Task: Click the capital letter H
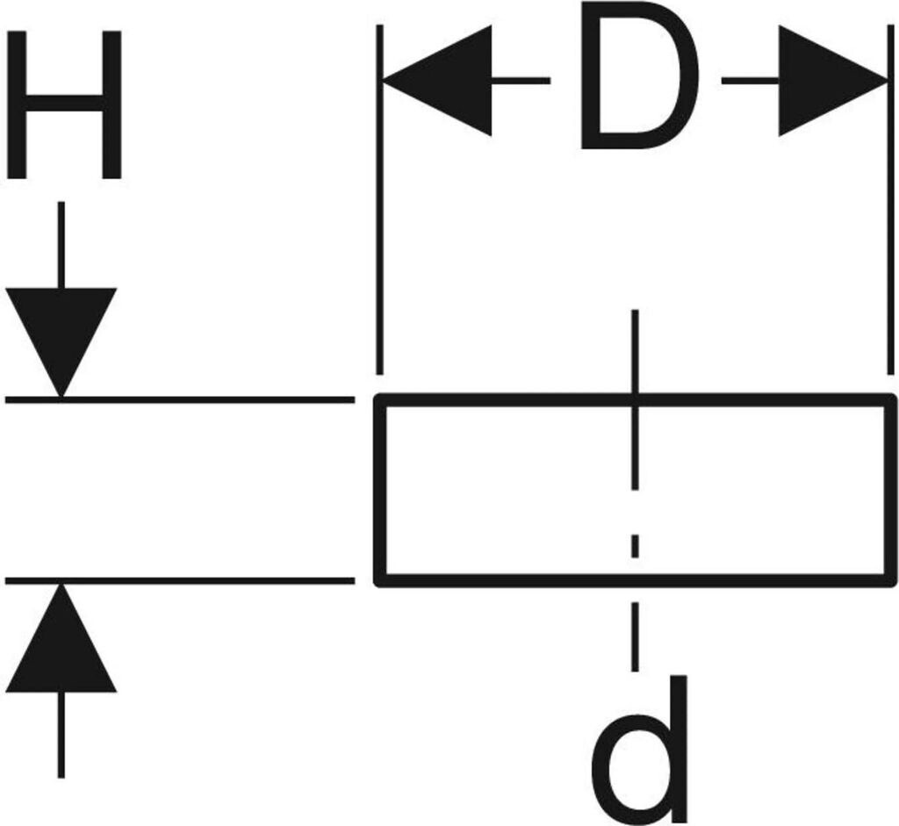pos(64,105)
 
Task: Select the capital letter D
pos(639,76)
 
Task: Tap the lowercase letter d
pos(639,749)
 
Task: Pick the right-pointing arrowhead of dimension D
pos(832,81)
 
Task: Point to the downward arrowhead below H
pos(61,342)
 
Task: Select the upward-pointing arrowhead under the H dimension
pos(61,638)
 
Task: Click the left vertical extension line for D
pos(379,199)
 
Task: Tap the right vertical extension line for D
pos(890,199)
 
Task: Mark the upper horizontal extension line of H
pos(180,399)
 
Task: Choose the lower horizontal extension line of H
pos(180,581)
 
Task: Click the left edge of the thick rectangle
pos(380,490)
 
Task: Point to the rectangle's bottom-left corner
pos(378,584)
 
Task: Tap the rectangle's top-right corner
pos(892,397)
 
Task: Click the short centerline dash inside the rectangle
pos(636,546)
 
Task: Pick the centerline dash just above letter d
pos(636,636)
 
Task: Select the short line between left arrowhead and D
pos(521,81)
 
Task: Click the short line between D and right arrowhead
pos(750,81)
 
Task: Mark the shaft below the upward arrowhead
pos(61,735)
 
